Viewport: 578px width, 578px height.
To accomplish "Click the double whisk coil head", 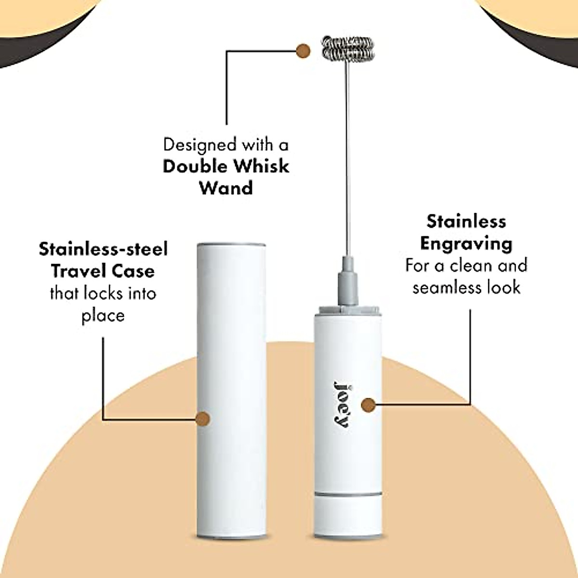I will tap(343, 49).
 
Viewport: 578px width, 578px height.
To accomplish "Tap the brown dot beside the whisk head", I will tap(303, 50).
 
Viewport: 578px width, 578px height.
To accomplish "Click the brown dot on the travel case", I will tap(203, 419).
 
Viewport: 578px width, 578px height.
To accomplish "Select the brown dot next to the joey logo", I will tap(368, 405).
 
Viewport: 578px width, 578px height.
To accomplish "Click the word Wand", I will tap(226, 188).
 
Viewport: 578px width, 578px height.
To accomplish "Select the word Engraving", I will tap(466, 243).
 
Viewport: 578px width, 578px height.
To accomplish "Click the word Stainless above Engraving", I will tap(466, 222).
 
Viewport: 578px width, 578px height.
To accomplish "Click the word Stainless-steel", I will tap(103, 250).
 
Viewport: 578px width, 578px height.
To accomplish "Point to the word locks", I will tap(105, 293).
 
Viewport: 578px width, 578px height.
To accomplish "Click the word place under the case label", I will tap(103, 315).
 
